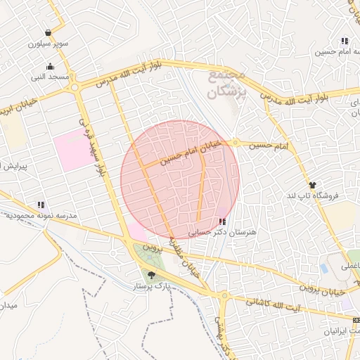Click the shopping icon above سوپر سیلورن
pos(48,33)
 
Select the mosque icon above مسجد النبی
pos(51,66)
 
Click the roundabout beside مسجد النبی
pos(75,87)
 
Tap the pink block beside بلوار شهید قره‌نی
pos(72,149)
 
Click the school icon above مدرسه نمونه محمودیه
pos(41,205)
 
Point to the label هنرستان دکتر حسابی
pos(224,231)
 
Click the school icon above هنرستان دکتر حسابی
pos(223,221)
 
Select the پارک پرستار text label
pos(152,287)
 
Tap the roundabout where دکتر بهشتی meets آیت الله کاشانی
pos(224,296)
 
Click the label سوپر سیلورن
pos(49,43)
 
